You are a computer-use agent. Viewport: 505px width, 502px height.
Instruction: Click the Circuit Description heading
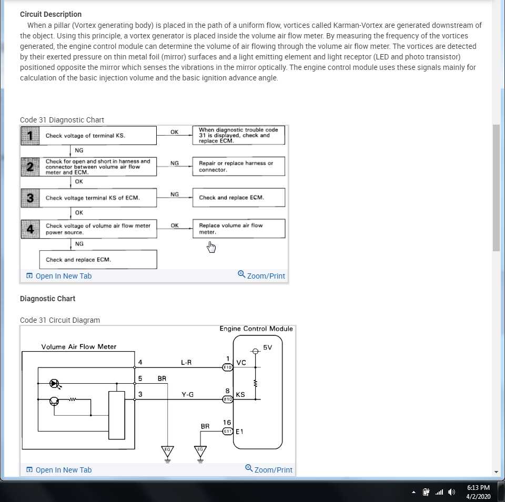(x=50, y=14)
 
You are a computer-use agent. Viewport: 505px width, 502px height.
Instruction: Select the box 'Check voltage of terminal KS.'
(x=88, y=136)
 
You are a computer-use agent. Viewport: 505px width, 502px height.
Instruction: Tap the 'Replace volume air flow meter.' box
(x=238, y=229)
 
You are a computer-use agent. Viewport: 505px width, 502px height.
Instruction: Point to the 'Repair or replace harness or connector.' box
(x=238, y=166)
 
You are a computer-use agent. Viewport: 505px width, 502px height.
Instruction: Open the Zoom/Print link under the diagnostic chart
(x=261, y=275)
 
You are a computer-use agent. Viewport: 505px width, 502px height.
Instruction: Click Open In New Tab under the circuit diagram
(x=59, y=470)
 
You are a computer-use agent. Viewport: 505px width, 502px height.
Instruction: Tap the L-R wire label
(x=186, y=362)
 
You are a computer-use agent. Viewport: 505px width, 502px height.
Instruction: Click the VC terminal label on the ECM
(x=241, y=363)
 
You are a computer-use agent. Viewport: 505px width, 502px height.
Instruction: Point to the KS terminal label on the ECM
(x=240, y=394)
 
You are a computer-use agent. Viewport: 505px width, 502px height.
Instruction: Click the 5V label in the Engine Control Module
(x=268, y=347)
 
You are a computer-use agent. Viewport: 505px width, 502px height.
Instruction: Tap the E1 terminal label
(x=240, y=431)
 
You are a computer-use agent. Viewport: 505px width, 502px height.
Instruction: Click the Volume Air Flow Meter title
(x=79, y=346)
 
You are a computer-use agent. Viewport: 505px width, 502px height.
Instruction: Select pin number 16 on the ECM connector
(x=227, y=422)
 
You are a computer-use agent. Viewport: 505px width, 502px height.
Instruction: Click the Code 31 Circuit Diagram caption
(x=60, y=320)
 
